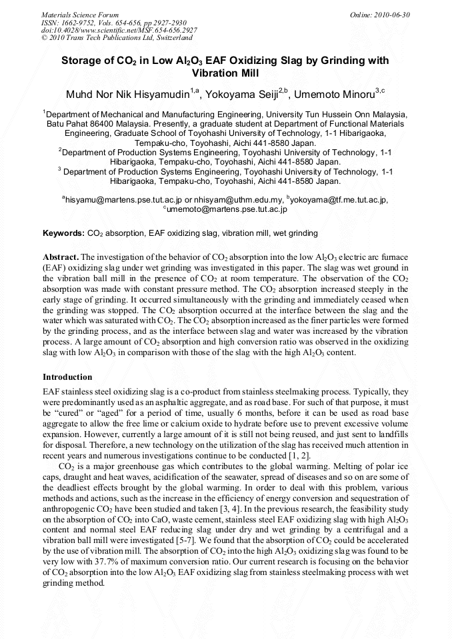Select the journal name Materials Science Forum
80,14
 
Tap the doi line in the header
119,30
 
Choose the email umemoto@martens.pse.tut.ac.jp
227,209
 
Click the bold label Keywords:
63,234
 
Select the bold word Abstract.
61,257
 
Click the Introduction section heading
67,377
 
